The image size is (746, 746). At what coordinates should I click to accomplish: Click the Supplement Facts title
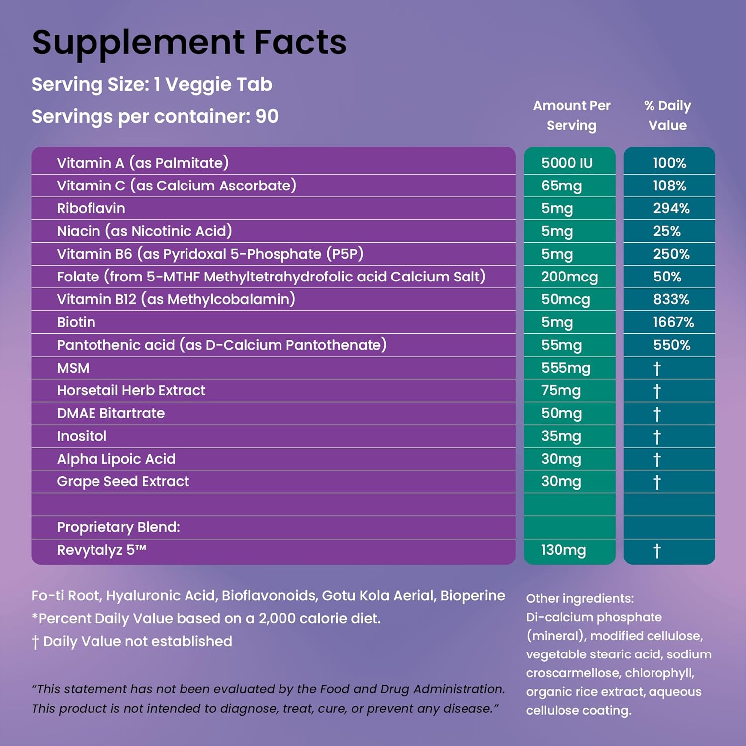[x=189, y=43]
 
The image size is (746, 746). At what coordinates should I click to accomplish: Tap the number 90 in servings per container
[x=267, y=116]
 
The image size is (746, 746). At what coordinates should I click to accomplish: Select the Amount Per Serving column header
[x=571, y=115]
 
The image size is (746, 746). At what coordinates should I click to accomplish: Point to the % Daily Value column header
[x=667, y=115]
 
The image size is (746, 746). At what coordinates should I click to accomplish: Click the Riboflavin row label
[x=91, y=208]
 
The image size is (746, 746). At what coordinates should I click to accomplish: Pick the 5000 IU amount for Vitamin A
[x=567, y=163]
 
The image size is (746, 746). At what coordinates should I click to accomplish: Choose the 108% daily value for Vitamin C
[x=669, y=186]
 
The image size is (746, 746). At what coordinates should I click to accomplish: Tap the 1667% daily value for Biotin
[x=673, y=322]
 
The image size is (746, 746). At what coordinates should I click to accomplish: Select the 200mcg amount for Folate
[x=569, y=277]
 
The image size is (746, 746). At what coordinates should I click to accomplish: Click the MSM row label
[x=73, y=368]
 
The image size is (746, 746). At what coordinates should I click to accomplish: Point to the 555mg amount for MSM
[x=566, y=368]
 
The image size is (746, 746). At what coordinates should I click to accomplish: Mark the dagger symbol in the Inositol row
[x=657, y=437]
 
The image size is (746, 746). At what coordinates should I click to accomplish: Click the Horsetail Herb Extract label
[x=131, y=390]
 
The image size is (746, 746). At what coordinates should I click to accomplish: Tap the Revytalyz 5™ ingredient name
[x=101, y=550]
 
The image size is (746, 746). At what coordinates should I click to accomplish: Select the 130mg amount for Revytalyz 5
[x=563, y=550]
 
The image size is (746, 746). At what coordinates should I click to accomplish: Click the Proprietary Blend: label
[x=118, y=527]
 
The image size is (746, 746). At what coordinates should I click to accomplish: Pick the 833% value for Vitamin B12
[x=671, y=299]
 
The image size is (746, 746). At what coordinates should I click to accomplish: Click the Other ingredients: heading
[x=580, y=598]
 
